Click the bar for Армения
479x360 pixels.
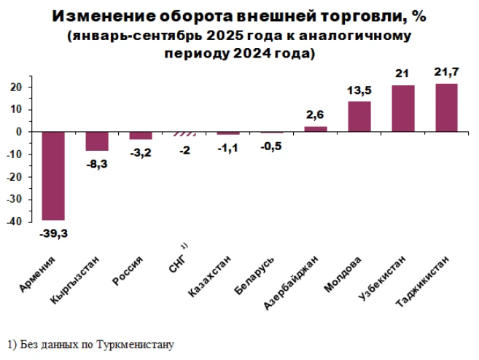tap(53, 176)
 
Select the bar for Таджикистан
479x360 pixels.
tap(446, 108)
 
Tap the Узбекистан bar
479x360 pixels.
tap(402, 109)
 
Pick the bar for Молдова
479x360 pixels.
tap(359, 117)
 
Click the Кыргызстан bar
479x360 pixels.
tap(97, 141)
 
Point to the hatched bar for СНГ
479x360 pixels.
tap(184, 134)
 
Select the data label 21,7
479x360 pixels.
tap(446, 74)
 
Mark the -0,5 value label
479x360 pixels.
tap(272, 144)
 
